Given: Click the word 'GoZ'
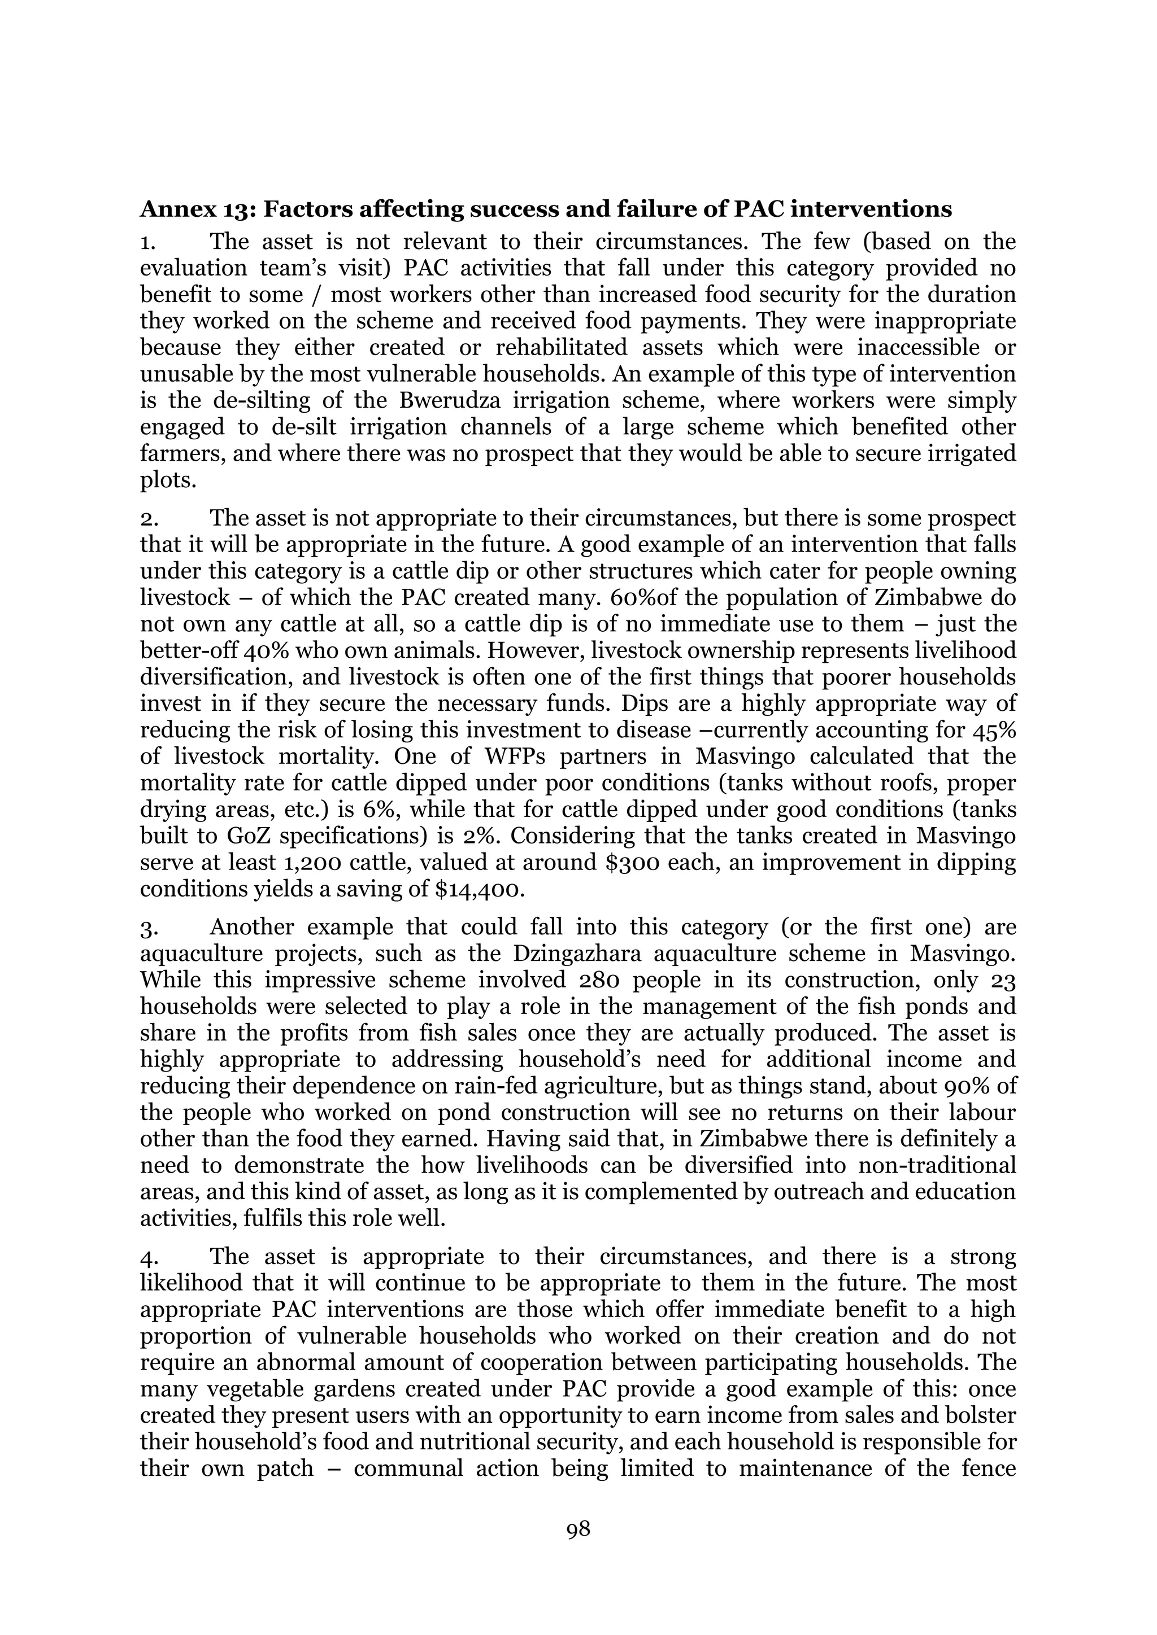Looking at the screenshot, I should (x=236, y=836).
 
